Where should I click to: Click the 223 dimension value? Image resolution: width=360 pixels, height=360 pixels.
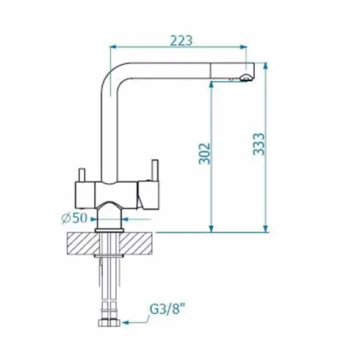[x=181, y=41]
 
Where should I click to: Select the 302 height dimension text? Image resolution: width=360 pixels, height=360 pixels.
[x=204, y=153]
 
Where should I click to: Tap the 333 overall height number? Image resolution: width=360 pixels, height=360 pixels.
[x=259, y=144]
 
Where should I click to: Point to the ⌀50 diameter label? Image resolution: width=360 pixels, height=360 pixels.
[x=75, y=218]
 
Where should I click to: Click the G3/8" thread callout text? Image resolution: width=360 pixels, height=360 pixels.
[x=167, y=309]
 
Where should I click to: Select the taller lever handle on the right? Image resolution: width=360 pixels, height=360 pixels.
[x=154, y=170]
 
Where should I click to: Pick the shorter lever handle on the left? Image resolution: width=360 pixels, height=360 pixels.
[x=82, y=175]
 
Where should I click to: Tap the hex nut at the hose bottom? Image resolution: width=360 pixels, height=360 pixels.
[x=109, y=323]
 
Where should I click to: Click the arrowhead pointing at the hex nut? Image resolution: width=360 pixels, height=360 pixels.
[x=125, y=323]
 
